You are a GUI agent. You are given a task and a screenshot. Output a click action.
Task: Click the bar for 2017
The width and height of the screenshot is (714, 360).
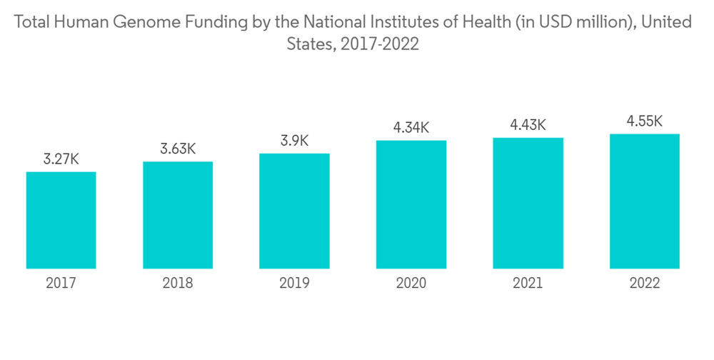(61, 220)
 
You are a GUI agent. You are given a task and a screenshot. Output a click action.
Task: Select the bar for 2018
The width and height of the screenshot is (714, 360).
(178, 215)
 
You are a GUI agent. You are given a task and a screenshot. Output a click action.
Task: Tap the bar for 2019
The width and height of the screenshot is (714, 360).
(294, 211)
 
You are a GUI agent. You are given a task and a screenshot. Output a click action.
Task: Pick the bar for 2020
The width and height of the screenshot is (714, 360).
(411, 204)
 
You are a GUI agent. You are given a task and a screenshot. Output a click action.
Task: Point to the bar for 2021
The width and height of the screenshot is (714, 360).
(528, 203)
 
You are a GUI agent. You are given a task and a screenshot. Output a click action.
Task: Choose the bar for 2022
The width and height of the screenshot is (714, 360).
(645, 201)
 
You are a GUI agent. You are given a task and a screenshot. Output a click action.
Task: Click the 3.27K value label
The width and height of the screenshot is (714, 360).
(61, 159)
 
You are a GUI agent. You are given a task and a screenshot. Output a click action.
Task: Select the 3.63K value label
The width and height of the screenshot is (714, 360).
(178, 149)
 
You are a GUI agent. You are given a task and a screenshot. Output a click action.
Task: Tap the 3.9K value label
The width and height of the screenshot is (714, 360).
(294, 141)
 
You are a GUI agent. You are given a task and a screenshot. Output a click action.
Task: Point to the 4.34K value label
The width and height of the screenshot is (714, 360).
(411, 128)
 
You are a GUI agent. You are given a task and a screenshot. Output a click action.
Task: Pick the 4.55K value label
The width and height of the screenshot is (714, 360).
(645, 121)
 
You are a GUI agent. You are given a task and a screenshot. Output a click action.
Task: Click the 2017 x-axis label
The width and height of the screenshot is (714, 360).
(61, 284)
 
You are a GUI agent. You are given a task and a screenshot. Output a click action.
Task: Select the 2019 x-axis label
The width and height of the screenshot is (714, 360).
(294, 284)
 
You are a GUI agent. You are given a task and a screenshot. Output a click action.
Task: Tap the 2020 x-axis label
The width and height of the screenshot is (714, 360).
(411, 284)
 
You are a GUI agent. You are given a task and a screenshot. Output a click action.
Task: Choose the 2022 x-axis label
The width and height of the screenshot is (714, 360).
(645, 284)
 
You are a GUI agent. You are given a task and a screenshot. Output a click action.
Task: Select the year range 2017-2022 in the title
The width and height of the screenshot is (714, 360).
(380, 44)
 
